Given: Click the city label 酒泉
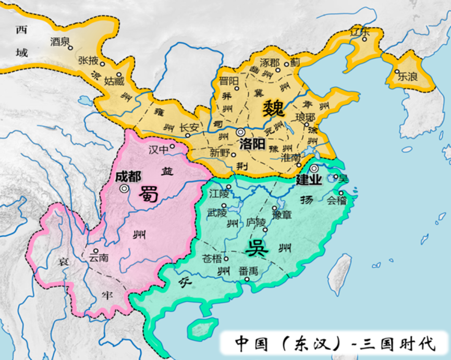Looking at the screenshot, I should click(x=59, y=41).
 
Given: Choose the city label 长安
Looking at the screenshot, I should click(x=189, y=127).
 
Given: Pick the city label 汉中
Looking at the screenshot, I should click(x=160, y=150).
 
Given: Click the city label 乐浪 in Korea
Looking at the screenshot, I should click(x=408, y=76).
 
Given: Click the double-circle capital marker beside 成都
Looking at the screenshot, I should click(x=124, y=189).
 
